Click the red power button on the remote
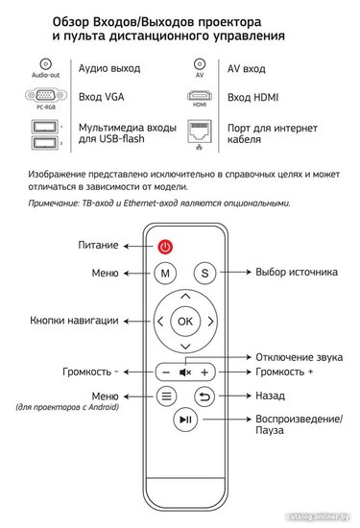[x=165, y=247]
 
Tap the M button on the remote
[x=165, y=273]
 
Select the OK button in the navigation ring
[x=185, y=322]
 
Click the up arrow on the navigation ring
[x=185, y=297]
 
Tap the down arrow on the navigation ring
[x=185, y=347]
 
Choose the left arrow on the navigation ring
[x=160, y=322]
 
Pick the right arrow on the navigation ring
[x=211, y=322]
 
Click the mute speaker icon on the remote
[x=185, y=372]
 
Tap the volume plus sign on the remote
[x=204, y=372]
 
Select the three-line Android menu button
[x=166, y=396]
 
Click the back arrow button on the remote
[x=204, y=396]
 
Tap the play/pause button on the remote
[x=185, y=420]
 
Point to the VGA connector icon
[x=46, y=96]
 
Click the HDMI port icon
[x=200, y=96]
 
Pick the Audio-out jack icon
[x=45, y=63]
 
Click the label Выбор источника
[x=297, y=272]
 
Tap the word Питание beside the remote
[x=98, y=245]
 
